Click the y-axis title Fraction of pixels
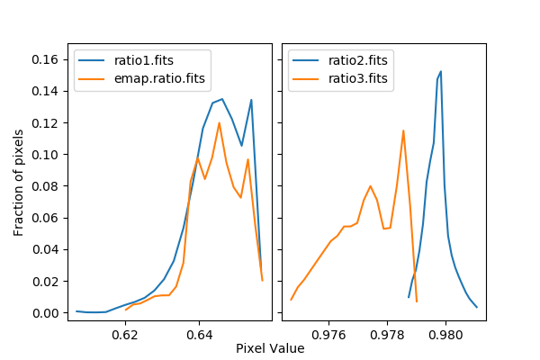19,181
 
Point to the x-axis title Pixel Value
270,348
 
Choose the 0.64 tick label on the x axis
199,335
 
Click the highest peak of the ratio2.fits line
441,71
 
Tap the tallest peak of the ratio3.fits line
403,130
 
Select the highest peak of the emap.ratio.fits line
219,122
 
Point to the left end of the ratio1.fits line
76,310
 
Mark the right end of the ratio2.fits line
476,307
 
